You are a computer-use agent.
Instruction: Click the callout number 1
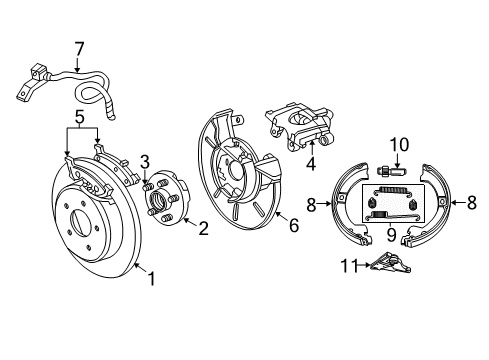tap(151, 281)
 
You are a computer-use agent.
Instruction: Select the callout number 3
tap(145, 162)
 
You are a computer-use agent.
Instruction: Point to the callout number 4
tap(311, 163)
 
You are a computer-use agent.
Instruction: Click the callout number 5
tap(80, 117)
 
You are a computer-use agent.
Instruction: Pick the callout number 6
tap(293, 227)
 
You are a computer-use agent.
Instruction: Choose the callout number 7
tap(80, 46)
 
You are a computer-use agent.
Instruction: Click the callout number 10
tap(398, 143)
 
